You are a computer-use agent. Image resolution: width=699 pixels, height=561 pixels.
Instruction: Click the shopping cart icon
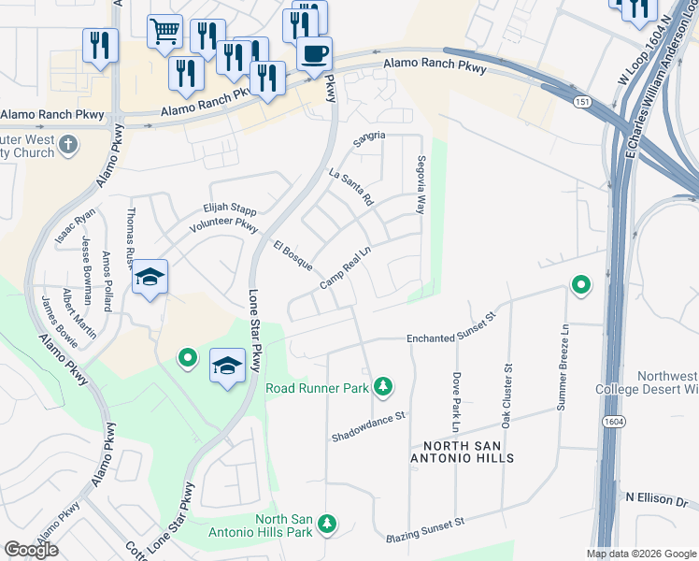click(164, 31)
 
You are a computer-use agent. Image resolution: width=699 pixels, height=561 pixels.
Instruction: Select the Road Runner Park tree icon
click(382, 386)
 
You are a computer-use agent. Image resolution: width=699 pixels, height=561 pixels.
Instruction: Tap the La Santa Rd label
click(351, 187)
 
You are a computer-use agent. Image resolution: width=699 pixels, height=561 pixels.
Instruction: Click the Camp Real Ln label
click(347, 268)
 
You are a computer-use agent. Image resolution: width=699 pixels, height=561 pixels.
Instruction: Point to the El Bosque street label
click(292, 255)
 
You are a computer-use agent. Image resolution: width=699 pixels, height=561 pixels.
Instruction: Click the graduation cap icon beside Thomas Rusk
click(150, 277)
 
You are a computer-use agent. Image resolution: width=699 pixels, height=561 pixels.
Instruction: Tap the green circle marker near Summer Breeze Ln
click(580, 284)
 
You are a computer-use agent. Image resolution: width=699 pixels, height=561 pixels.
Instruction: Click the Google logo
click(32, 550)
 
